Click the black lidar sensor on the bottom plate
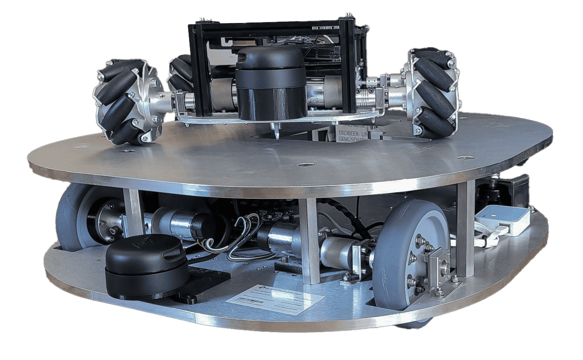coord(146,265)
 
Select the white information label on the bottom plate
coord(275,299)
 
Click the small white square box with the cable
coord(503,219)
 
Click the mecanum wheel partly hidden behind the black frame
coord(180,73)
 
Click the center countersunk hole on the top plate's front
coord(305,165)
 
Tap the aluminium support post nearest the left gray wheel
coord(133,212)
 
